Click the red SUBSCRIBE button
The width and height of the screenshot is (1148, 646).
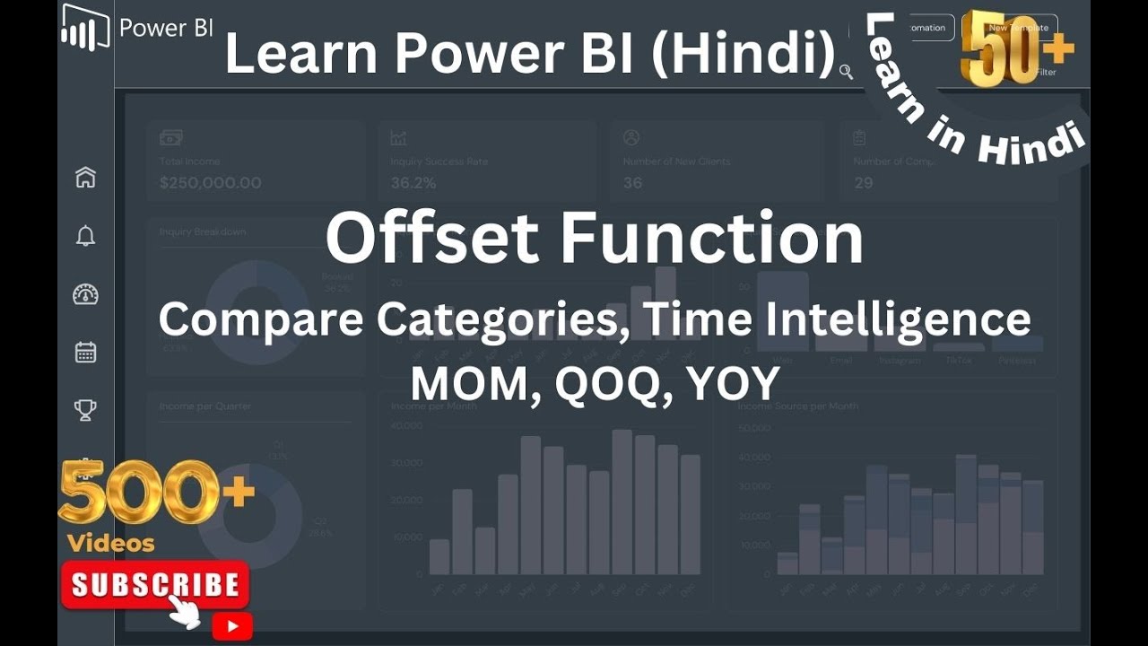tap(155, 585)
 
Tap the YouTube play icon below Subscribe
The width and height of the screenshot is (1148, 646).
tap(232, 625)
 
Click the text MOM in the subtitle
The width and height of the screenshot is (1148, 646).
tap(474, 384)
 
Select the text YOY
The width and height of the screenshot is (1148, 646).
tap(733, 384)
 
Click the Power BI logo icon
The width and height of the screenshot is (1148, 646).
tap(85, 27)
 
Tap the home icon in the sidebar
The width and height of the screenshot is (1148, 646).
tap(85, 178)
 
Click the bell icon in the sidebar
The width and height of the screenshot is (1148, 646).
tap(85, 236)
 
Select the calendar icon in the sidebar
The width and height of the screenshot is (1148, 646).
tap(85, 352)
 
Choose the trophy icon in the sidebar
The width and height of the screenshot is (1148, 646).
tap(85, 410)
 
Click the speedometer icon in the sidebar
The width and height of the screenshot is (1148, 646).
tap(85, 294)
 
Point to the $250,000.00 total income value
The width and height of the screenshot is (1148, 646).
tap(210, 183)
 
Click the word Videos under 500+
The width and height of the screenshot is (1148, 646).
tap(111, 543)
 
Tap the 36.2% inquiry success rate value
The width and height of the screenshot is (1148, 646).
tap(413, 183)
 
